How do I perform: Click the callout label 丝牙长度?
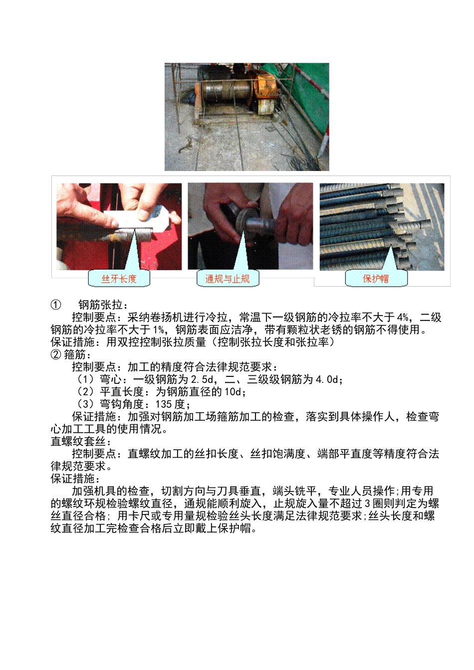[x=119, y=279]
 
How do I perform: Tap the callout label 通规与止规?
[x=228, y=279]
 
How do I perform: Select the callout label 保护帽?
[x=376, y=279]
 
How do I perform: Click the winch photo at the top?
[x=246, y=117]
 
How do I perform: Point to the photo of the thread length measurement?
[x=119, y=226]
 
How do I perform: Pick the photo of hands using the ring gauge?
[x=250, y=226]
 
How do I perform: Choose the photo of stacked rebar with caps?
[x=382, y=226]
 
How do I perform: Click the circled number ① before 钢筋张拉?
[x=56, y=305]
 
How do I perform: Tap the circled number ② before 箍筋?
[x=56, y=354]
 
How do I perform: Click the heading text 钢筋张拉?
[x=103, y=305]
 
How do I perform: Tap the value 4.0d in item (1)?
[x=327, y=379]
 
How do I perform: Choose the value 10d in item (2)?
[x=233, y=392]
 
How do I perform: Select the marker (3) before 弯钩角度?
[x=85, y=404]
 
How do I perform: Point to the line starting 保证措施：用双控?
[x=192, y=342]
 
